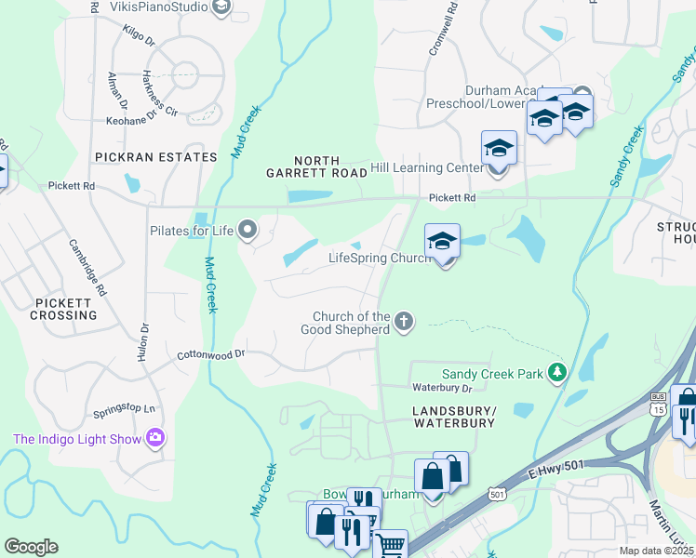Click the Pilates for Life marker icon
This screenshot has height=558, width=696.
coord(248,228)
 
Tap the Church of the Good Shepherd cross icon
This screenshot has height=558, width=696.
coord(403,322)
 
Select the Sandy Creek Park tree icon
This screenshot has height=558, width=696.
coord(557,374)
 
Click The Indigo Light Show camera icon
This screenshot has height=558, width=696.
coord(155,438)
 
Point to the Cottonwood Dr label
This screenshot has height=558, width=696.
coord(211,354)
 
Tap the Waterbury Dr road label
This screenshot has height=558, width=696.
coord(443,387)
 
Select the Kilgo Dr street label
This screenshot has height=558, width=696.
coord(141,36)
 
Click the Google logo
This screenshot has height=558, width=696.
coord(31,547)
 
